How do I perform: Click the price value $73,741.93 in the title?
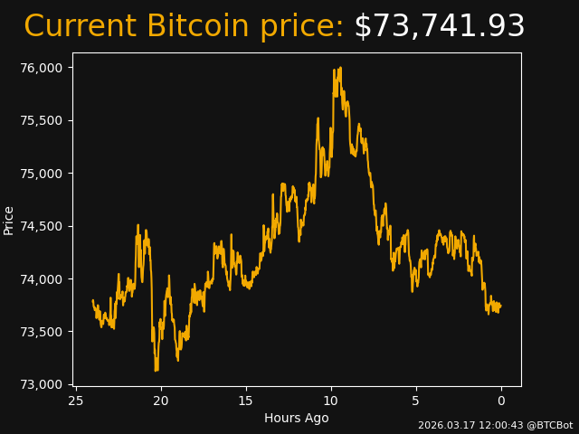439,27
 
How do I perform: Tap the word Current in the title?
80,27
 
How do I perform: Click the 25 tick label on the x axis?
76,401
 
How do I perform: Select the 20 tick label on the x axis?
161,401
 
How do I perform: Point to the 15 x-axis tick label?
246,401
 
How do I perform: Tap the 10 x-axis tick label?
331,401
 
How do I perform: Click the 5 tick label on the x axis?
416,401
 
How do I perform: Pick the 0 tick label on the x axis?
501,401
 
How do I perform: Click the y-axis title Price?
9,221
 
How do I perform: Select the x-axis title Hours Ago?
297,418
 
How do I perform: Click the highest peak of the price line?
340,68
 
